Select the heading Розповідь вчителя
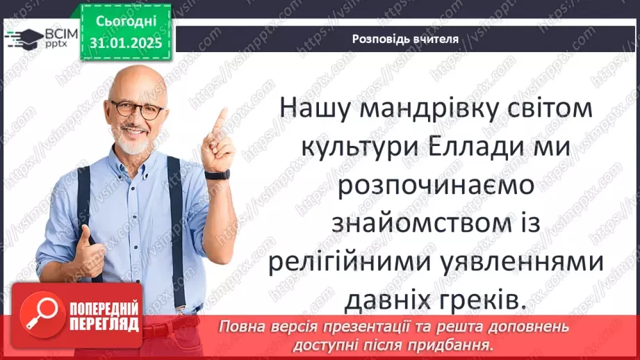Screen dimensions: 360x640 (x=404, y=39)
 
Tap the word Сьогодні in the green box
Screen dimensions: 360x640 (x=126, y=22)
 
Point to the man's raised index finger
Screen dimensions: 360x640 (x=221, y=118)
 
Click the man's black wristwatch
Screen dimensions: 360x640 (x=218, y=174)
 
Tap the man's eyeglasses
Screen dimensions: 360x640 (x=137, y=109)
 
